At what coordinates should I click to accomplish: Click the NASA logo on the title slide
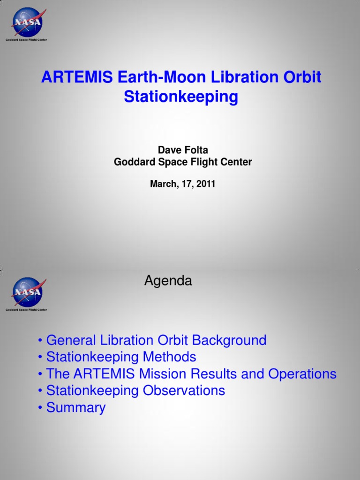(x=27, y=22)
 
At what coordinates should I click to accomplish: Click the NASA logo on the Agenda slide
(x=27, y=292)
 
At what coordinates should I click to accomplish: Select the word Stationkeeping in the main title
(x=181, y=97)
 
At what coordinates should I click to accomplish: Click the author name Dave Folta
(x=183, y=150)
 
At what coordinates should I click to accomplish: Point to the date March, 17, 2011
(x=183, y=184)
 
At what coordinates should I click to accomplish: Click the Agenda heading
(x=168, y=281)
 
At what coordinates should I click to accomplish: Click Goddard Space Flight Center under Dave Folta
(x=183, y=162)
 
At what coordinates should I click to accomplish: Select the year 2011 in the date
(x=206, y=184)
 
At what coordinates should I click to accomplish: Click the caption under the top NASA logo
(x=26, y=40)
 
